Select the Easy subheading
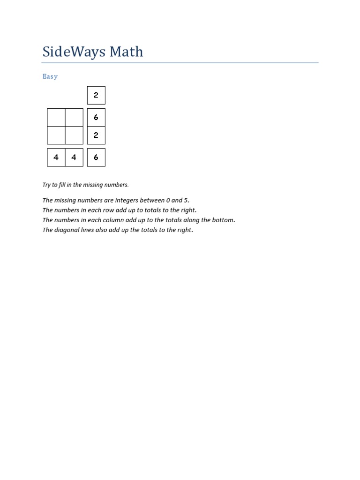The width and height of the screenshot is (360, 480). (50, 76)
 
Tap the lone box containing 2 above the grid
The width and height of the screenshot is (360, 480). (96, 95)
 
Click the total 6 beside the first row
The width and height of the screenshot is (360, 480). (96, 117)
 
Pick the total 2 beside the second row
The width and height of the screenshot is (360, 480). (96, 135)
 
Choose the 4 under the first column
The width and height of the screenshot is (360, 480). (56, 157)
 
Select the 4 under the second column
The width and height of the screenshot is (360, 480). (74, 157)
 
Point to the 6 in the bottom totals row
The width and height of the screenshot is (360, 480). (96, 157)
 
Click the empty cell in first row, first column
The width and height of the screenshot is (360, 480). (56, 117)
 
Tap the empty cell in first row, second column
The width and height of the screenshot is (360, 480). (74, 117)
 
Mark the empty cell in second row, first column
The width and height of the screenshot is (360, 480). (56, 135)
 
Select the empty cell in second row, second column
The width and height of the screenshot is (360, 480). (74, 135)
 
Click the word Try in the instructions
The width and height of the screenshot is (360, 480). (47, 185)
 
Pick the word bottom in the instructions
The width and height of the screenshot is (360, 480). (223, 220)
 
